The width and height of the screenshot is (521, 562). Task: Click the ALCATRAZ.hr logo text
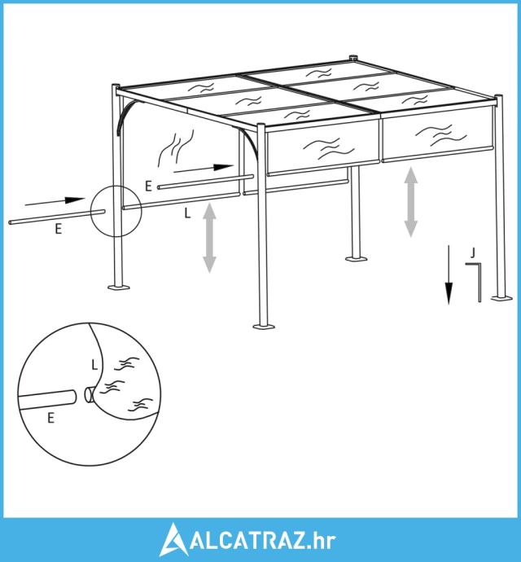(x=263, y=540)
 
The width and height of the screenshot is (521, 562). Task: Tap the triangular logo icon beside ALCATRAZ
(x=173, y=539)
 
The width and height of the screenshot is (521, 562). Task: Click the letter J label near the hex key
(x=473, y=253)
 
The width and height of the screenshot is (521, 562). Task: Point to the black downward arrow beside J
(x=449, y=274)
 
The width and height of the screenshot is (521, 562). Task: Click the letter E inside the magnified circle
(x=51, y=418)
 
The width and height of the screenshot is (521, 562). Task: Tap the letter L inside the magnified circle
(x=94, y=365)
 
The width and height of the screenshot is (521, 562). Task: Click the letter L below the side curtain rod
(x=187, y=213)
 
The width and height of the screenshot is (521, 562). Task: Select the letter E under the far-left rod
(x=59, y=229)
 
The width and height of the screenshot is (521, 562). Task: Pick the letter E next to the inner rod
(x=148, y=187)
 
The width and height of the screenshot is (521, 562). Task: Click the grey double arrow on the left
(x=209, y=238)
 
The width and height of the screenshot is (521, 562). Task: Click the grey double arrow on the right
(x=411, y=203)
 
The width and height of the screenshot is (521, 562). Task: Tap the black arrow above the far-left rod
(x=55, y=202)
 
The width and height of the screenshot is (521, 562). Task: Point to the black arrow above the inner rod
(x=204, y=169)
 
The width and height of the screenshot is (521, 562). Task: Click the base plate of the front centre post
(x=264, y=326)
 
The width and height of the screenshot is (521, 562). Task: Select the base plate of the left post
(x=119, y=287)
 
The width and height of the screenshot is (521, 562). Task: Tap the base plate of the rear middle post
(x=356, y=259)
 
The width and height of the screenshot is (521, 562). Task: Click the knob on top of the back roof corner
(x=354, y=58)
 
